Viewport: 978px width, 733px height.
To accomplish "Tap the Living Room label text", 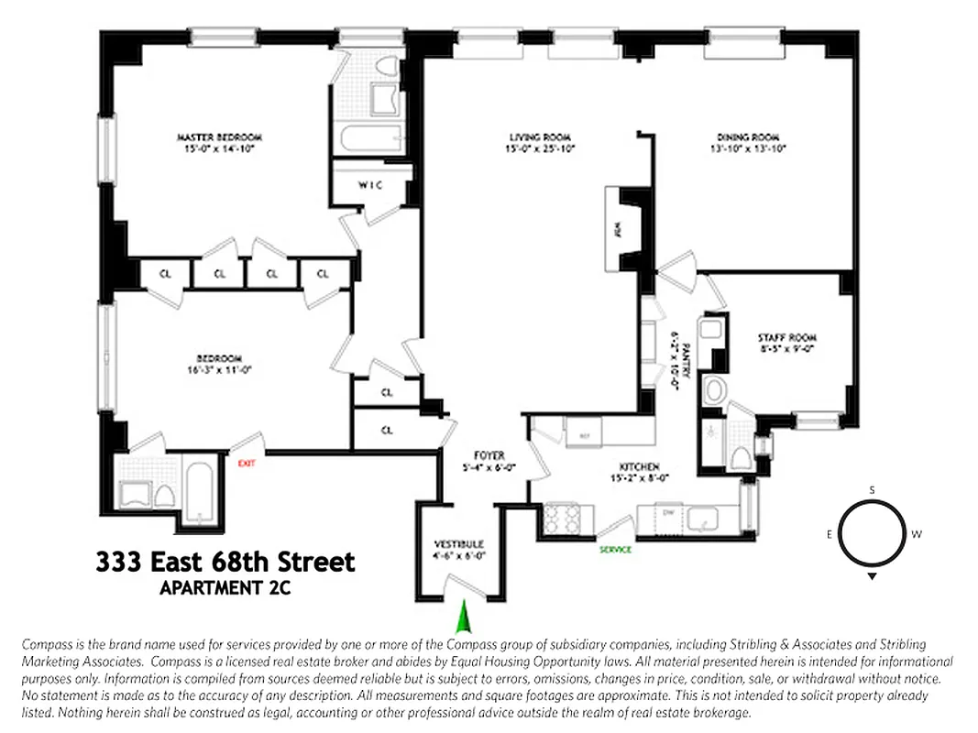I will [541, 137].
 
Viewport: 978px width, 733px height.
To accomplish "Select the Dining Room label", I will [748, 137].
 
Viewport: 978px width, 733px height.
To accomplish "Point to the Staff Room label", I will [786, 337].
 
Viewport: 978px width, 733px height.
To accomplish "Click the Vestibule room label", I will [460, 544].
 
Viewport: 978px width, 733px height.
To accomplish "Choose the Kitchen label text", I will [639, 467].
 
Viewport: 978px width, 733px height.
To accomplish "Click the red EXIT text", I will [246, 464].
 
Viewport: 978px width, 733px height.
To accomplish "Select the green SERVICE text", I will [615, 550].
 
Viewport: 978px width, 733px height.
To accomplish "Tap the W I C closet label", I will [369, 186].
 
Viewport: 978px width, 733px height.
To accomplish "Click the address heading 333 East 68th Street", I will [225, 562].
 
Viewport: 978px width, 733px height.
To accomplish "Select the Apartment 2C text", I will [225, 588].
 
